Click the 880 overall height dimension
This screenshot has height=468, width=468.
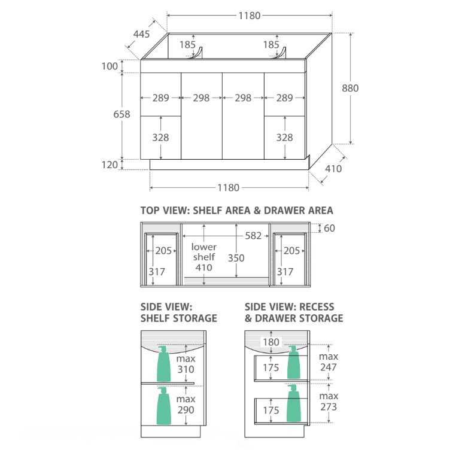pyautogui.click(x=350, y=88)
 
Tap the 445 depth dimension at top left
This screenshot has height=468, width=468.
pyautogui.click(x=141, y=34)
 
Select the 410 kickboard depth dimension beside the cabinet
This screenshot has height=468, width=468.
pyautogui.click(x=333, y=169)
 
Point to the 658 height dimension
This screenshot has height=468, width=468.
pyautogui.click(x=121, y=114)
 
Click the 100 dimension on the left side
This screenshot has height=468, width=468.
pyautogui.click(x=110, y=66)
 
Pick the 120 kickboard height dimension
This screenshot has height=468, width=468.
pyautogui.click(x=110, y=165)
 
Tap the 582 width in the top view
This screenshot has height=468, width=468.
pyautogui.click(x=253, y=236)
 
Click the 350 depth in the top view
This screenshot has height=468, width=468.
pyautogui.click(x=236, y=258)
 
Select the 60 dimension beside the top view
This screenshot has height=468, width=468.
pyautogui.click(x=329, y=228)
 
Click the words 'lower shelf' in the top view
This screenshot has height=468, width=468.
pyautogui.click(x=204, y=251)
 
